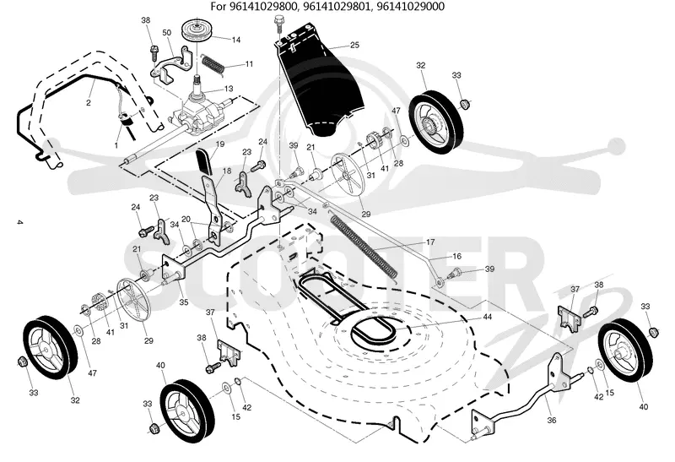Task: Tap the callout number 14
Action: point(236,40)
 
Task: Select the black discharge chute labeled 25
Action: point(320,79)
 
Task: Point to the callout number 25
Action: point(354,45)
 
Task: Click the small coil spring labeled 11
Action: point(213,65)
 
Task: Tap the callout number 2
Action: point(89,102)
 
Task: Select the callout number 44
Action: point(488,317)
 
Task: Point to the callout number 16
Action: point(456,257)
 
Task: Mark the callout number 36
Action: point(552,421)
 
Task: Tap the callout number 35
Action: point(184,302)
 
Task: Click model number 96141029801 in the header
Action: point(342,7)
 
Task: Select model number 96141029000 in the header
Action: point(413,7)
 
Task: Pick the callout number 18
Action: point(227,171)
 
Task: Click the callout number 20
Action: point(186,219)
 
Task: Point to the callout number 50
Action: point(166,32)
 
